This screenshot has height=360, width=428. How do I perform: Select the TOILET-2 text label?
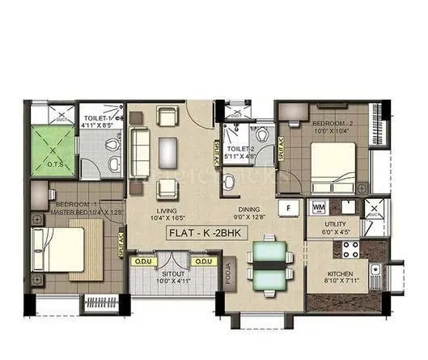pyautogui.click(x=242, y=148)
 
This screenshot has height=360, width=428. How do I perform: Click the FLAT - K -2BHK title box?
pyautogui.click(x=203, y=233)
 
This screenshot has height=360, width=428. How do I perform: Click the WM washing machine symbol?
pyautogui.click(x=318, y=206)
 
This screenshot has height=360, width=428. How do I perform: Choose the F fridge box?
pyautogui.click(x=286, y=207)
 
